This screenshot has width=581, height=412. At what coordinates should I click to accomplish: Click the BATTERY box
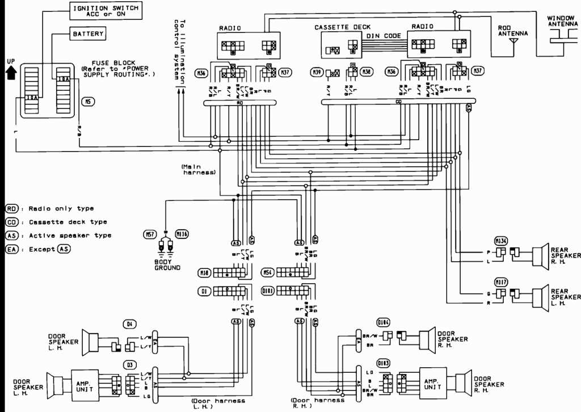pos(89,34)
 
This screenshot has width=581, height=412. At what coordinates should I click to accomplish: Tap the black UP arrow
pos(10,73)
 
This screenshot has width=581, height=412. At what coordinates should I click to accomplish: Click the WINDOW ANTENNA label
pos(561,22)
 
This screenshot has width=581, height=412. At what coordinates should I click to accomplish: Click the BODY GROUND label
pos(167,264)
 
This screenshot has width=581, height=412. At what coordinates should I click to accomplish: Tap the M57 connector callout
pos(149,233)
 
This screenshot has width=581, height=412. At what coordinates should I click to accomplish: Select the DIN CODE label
pos(383,36)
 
